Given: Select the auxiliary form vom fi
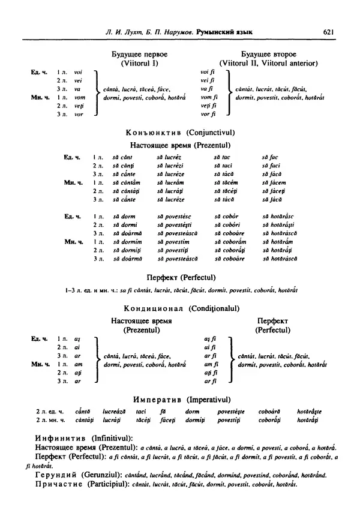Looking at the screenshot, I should pos(208,97).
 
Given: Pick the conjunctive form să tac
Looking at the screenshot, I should pos(223,157).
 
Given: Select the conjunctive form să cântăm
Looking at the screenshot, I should pos(127,182).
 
